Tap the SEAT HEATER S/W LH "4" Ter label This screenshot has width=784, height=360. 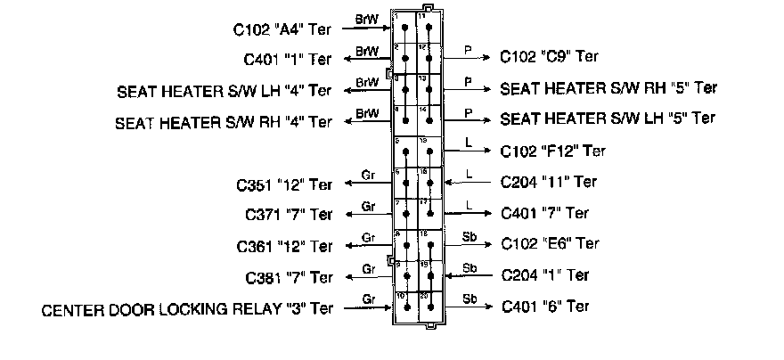225,91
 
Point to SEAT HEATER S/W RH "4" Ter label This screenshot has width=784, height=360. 224,122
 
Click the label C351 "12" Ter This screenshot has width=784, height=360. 284,186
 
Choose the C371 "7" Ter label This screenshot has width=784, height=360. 288,215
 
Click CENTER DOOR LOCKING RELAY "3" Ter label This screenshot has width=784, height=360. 187,309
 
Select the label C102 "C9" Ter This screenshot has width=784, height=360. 549,55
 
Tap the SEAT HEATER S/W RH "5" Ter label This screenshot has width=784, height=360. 609,87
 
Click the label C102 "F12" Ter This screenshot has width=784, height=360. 553,151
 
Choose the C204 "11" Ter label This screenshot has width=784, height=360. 550,182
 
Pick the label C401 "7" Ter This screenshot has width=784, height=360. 545,213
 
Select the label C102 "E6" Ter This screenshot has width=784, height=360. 550,242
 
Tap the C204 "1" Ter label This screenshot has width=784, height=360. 545,274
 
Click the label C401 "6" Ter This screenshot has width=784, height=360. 545,306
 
